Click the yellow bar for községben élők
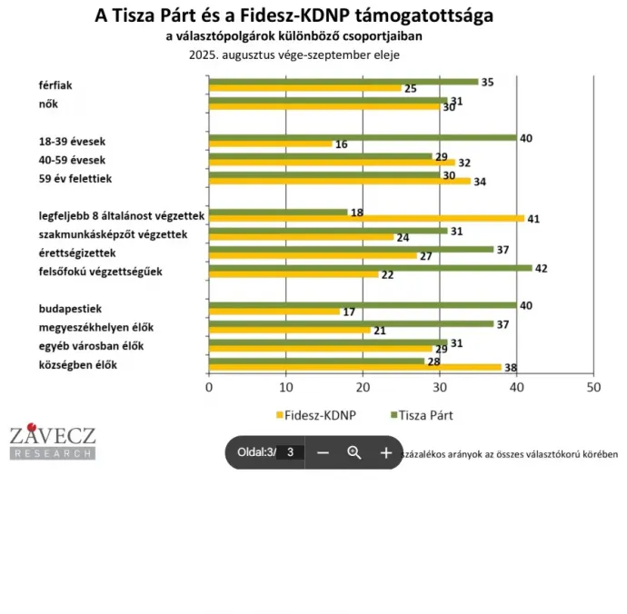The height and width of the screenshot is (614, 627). (x=354, y=368)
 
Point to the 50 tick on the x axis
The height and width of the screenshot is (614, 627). (x=593, y=387)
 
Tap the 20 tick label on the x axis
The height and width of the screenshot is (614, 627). (x=363, y=387)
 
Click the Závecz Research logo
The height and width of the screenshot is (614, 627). (x=52, y=441)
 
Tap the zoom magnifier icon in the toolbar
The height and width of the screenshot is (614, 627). (x=354, y=451)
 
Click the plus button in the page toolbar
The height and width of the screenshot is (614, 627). (x=385, y=451)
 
